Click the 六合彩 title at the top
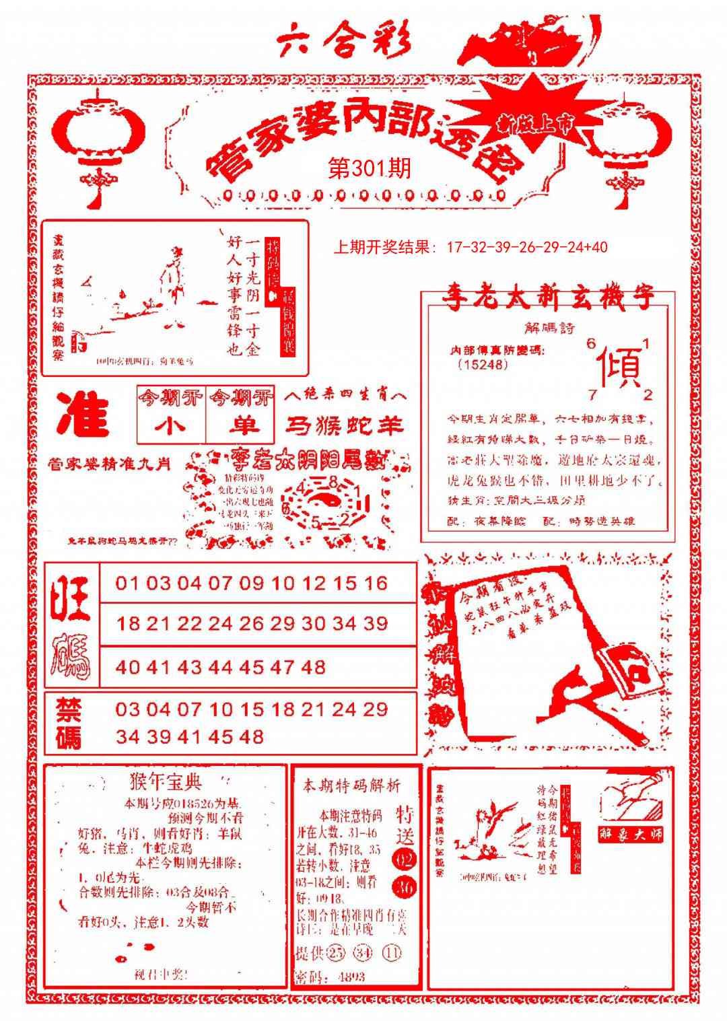pos(344,42)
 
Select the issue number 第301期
pos(369,168)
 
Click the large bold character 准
pos(83,414)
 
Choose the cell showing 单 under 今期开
pos(240,426)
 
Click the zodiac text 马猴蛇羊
pos(345,425)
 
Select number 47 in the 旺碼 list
pos(282,667)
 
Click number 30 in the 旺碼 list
pos(313,623)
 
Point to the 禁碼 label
pos(68,724)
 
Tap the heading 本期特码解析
pos(351,785)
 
